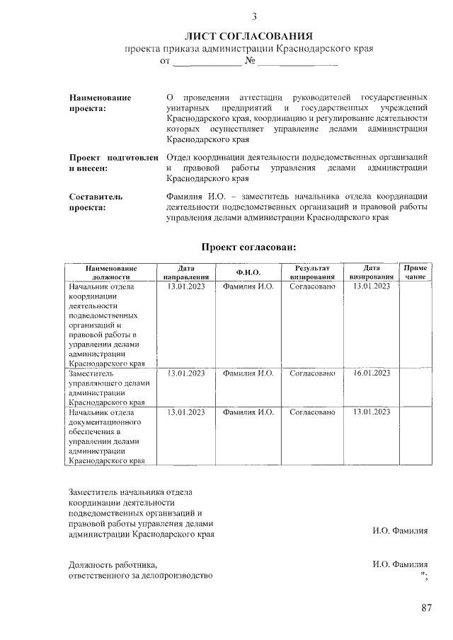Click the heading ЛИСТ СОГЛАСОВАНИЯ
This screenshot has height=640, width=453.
point(248,35)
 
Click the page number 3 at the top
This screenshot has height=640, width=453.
point(254,16)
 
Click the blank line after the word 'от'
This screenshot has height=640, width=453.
point(207,63)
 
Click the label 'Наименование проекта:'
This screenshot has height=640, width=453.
point(100,103)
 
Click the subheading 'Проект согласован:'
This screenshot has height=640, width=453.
point(248,247)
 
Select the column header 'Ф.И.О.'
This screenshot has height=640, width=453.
point(248,273)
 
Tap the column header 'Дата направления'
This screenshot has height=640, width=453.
point(185,273)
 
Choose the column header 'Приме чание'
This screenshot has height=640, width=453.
point(415,273)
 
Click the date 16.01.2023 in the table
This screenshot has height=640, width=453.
point(372,373)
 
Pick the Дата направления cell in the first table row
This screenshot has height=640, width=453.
point(185,286)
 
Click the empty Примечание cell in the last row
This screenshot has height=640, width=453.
point(415,435)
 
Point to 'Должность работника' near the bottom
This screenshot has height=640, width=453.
point(111,565)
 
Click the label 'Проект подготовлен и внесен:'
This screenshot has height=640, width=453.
point(113,163)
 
